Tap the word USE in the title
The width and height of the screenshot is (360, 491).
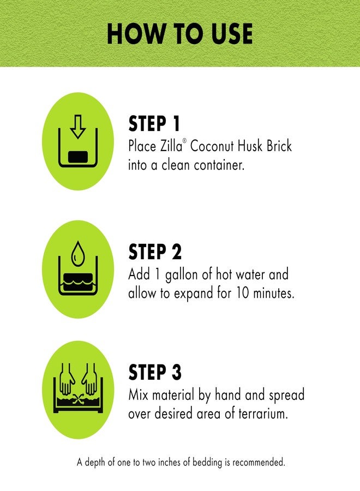pyautogui.click(x=232, y=33)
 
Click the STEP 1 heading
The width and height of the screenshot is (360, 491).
pyautogui.click(x=154, y=123)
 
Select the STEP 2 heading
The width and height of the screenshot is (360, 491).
pyautogui.click(x=155, y=252)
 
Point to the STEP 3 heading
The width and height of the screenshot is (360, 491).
pyautogui.click(x=155, y=372)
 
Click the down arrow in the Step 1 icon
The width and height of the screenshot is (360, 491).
pyautogui.click(x=78, y=127)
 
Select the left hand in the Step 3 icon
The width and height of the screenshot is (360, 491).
pyautogui.click(x=67, y=380)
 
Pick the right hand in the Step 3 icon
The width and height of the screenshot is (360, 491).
pyautogui.click(x=89, y=380)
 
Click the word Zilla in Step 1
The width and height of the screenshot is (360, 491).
pyautogui.click(x=171, y=146)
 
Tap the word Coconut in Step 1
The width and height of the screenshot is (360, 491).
pyautogui.click(x=212, y=146)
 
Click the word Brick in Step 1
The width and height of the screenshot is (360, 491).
pyautogui.click(x=279, y=146)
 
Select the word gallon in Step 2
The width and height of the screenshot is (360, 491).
pyautogui.click(x=182, y=276)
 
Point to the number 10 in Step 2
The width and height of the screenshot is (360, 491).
pyautogui.click(x=243, y=294)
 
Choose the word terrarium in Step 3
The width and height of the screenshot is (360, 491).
pyautogui.click(x=263, y=414)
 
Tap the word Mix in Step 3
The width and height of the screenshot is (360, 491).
pyautogui.click(x=139, y=394)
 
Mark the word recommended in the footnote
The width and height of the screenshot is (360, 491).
pyautogui.click(x=259, y=462)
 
